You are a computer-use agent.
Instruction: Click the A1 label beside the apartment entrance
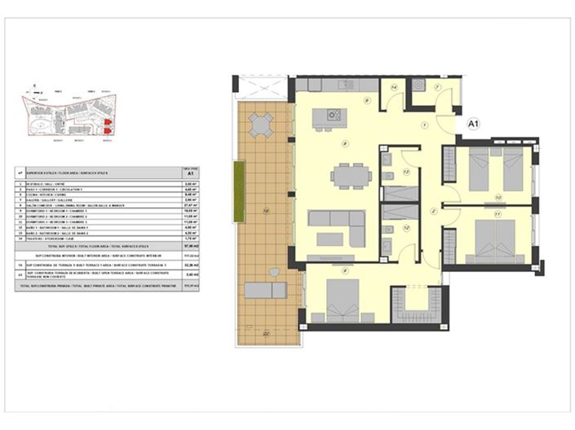[x=472, y=123]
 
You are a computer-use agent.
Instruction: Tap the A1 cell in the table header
[x=190, y=173]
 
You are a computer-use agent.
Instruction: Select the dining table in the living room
[x=350, y=175]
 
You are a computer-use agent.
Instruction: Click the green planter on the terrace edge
[x=238, y=191]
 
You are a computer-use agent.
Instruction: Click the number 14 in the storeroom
[x=394, y=86]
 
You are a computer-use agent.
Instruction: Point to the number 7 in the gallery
[x=436, y=87]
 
